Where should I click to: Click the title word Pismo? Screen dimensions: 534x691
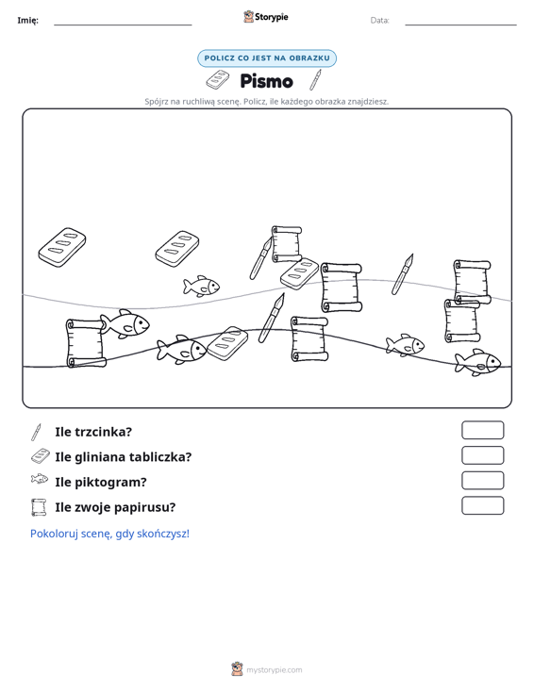pos(266,81)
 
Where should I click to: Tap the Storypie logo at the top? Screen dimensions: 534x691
pos(266,17)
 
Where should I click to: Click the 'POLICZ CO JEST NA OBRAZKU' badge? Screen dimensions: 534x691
pos(267,58)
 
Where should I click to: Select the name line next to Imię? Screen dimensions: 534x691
pos(123,25)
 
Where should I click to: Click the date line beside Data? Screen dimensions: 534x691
pos(460,25)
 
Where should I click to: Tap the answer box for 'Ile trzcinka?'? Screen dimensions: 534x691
pos(482,430)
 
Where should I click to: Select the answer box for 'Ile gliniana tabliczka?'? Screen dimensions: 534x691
pos(482,455)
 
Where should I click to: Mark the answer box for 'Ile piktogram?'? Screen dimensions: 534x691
pos(482,481)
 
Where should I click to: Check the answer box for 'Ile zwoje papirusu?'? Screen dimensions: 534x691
pos(482,505)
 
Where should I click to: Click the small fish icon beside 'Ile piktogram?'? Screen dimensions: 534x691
pos(40,479)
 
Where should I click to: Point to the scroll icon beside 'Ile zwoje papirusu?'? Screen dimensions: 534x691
pos(39,507)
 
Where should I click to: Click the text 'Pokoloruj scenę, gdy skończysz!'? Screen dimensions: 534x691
pos(109,534)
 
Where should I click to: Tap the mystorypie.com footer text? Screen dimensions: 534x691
pos(274,670)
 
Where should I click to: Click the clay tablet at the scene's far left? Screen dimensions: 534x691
pos(62,247)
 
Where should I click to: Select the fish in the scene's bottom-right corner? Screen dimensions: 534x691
pos(477,363)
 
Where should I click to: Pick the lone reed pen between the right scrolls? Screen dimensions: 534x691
pos(403,274)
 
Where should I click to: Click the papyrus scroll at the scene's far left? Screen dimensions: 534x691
pos(86,343)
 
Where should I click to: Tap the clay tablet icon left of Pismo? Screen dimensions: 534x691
pos(218,79)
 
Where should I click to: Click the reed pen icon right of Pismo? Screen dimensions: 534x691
pos(315,80)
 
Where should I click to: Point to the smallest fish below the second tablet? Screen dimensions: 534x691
pos(202,286)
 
